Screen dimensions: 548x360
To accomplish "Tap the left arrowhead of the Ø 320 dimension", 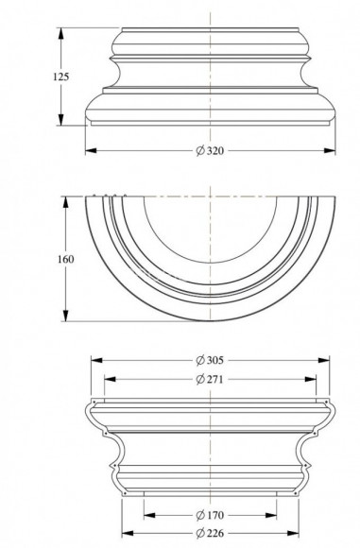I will pos(89,150).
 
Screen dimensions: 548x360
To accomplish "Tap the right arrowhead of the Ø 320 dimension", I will pos(334,150).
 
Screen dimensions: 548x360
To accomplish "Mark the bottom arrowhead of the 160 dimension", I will pos(65,319).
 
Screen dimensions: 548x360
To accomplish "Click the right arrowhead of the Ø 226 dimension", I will pos(298,533).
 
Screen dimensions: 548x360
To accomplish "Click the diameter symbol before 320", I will pos(199,150).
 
